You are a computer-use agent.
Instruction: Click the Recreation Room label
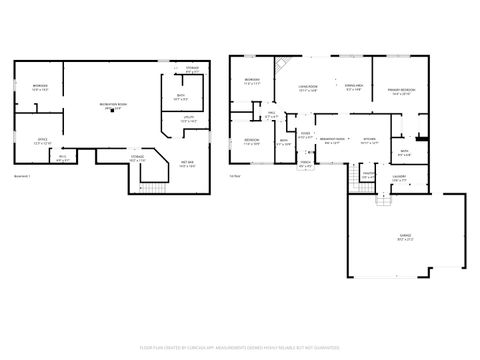(x=112, y=106)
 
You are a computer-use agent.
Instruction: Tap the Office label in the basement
(x=42, y=140)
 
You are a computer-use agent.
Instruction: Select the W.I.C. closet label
(x=62, y=157)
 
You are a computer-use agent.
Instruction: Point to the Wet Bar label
(x=187, y=163)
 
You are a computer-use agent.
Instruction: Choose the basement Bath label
(x=180, y=98)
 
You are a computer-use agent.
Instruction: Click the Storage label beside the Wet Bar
(x=137, y=158)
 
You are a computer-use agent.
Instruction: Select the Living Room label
(x=309, y=88)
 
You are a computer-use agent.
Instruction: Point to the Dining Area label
(x=353, y=88)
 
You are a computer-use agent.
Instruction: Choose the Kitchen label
(x=369, y=140)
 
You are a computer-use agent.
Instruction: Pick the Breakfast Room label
(x=332, y=140)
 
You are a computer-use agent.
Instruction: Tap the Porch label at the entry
(x=304, y=166)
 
